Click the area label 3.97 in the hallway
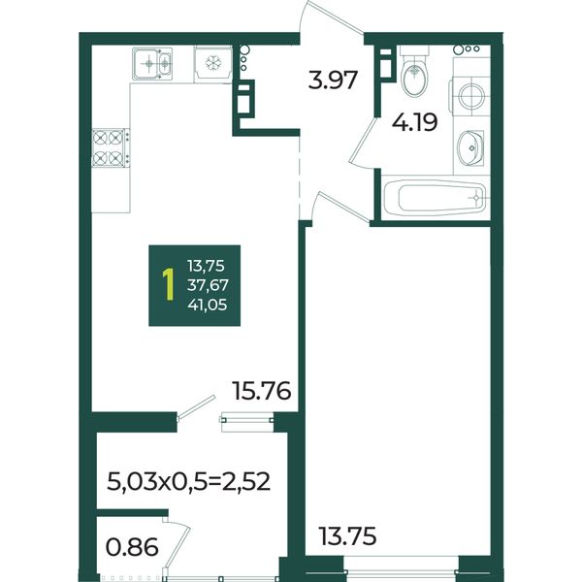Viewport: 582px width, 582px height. click(x=333, y=81)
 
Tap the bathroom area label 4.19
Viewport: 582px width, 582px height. click(x=414, y=122)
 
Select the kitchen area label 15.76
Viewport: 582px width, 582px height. click(x=261, y=391)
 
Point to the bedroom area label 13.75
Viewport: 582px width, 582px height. click(x=347, y=536)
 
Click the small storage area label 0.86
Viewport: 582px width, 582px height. click(x=132, y=547)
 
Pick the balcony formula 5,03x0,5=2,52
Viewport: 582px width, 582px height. click(x=188, y=481)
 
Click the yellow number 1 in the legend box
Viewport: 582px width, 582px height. click(x=169, y=285)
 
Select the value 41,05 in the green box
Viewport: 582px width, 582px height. click(x=208, y=306)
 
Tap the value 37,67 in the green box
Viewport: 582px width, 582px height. click(x=208, y=285)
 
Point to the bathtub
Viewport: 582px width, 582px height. click(x=435, y=198)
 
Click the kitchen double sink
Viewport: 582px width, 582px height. click(x=152, y=64)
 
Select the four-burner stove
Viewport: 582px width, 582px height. click(x=111, y=147)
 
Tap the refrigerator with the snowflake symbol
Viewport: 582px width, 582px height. click(x=212, y=62)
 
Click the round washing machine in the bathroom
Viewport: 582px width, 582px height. click(x=469, y=96)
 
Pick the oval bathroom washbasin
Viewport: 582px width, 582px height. click(x=470, y=147)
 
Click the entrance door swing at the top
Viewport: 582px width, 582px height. click(x=331, y=17)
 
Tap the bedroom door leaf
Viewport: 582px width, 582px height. click(x=343, y=208)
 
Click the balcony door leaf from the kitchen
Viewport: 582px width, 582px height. click(x=196, y=408)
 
